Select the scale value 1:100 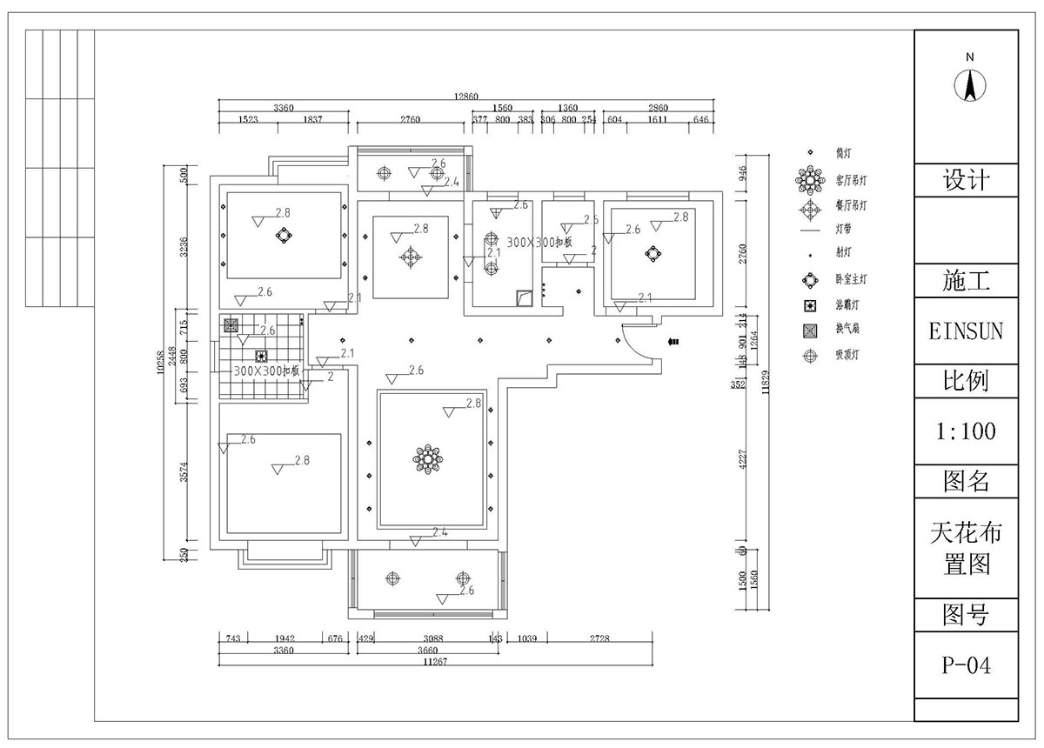click(967, 431)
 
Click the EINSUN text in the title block click(967, 331)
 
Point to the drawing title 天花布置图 click(967, 548)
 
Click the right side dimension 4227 click(740, 459)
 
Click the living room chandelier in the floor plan click(428, 458)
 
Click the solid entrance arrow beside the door click(673, 343)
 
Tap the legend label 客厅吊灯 click(851, 181)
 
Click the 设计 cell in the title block click(967, 180)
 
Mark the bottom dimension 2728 click(599, 638)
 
